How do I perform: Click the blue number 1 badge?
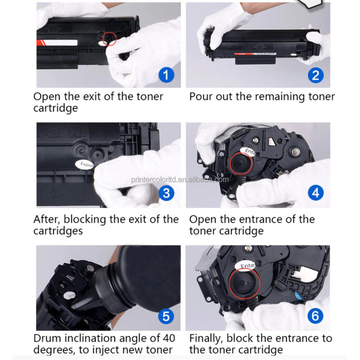tap(166, 74)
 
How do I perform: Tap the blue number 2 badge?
tap(315, 74)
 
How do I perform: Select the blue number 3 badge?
tap(166, 193)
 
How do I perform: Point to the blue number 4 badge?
tap(315, 193)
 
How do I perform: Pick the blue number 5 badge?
tap(166, 316)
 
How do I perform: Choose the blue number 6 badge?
tap(315, 316)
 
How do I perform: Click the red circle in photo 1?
tap(109, 38)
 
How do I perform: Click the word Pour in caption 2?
tap(201, 96)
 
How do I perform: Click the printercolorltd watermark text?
tap(180, 179)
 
